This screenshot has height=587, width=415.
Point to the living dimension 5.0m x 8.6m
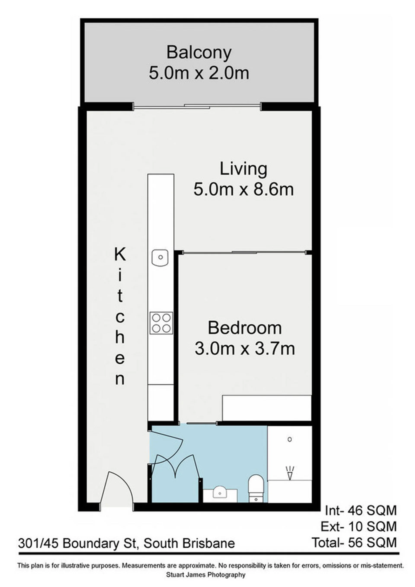tap(243, 190)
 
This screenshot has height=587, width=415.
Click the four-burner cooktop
tap(161, 323)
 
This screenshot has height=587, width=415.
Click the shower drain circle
tap(290, 439)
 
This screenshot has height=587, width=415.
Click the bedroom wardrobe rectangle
tap(267, 408)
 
